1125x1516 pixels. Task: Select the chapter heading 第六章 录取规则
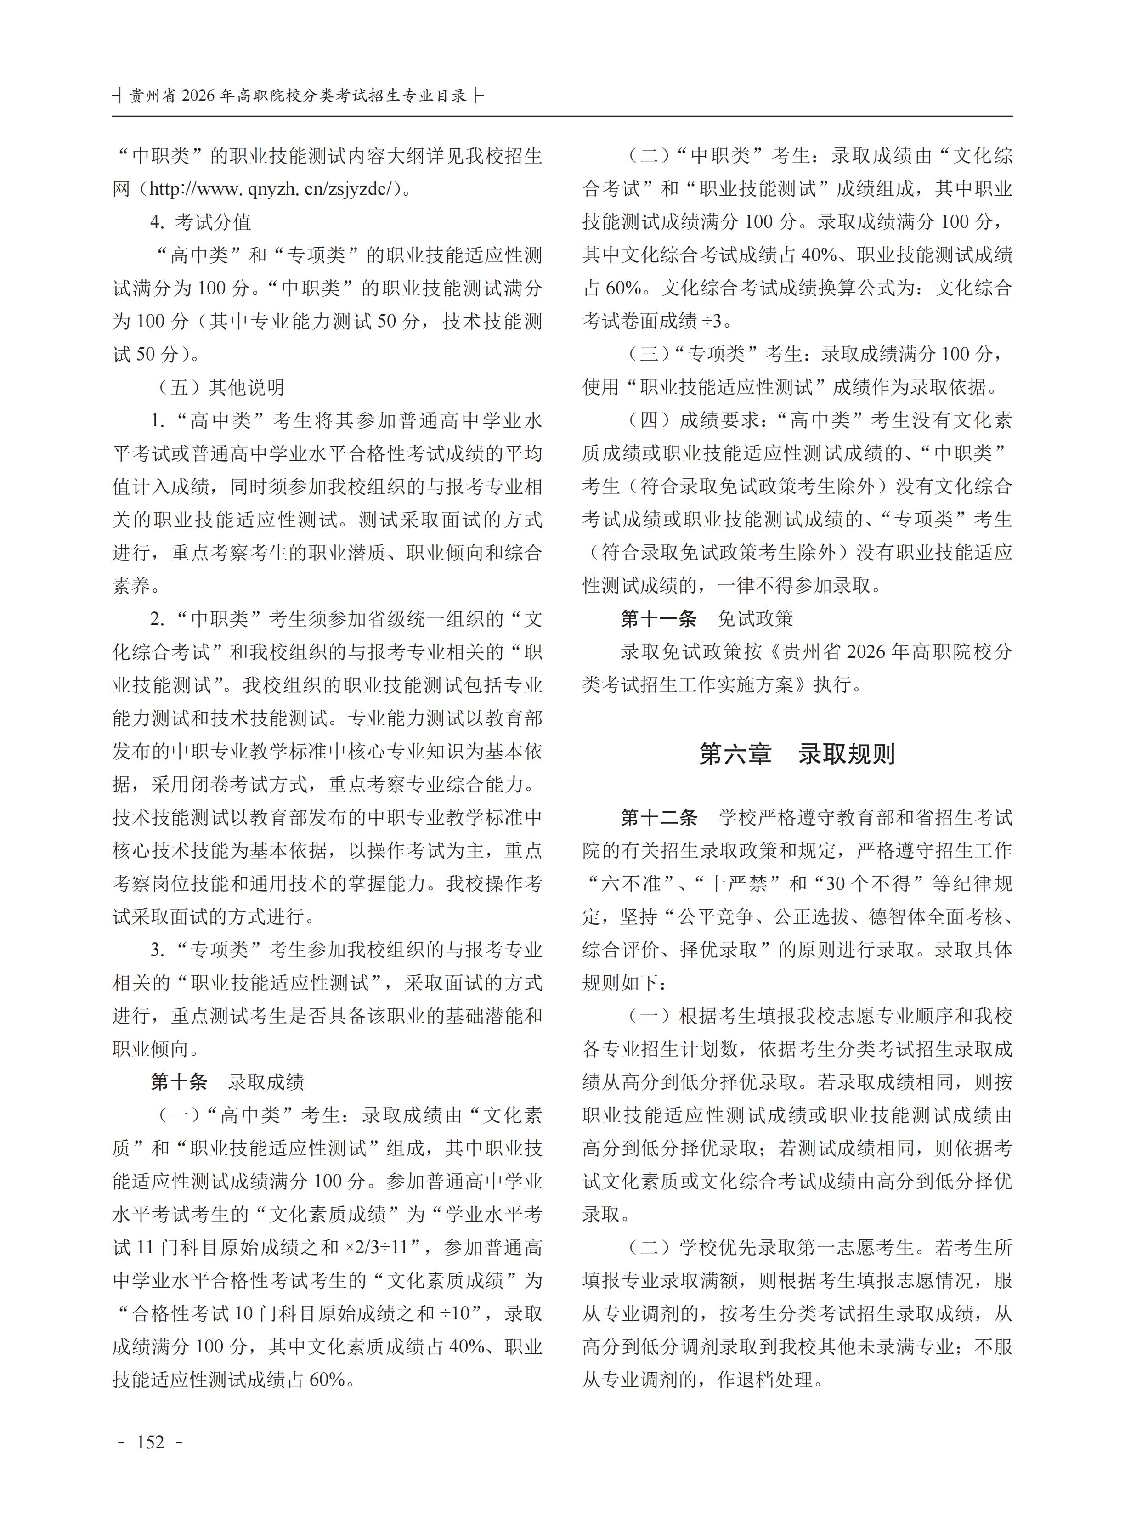[x=797, y=754]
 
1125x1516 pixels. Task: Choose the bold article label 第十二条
[x=659, y=817]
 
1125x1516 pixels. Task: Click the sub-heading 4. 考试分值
[x=201, y=221]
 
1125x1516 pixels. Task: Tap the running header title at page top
[x=298, y=96]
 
